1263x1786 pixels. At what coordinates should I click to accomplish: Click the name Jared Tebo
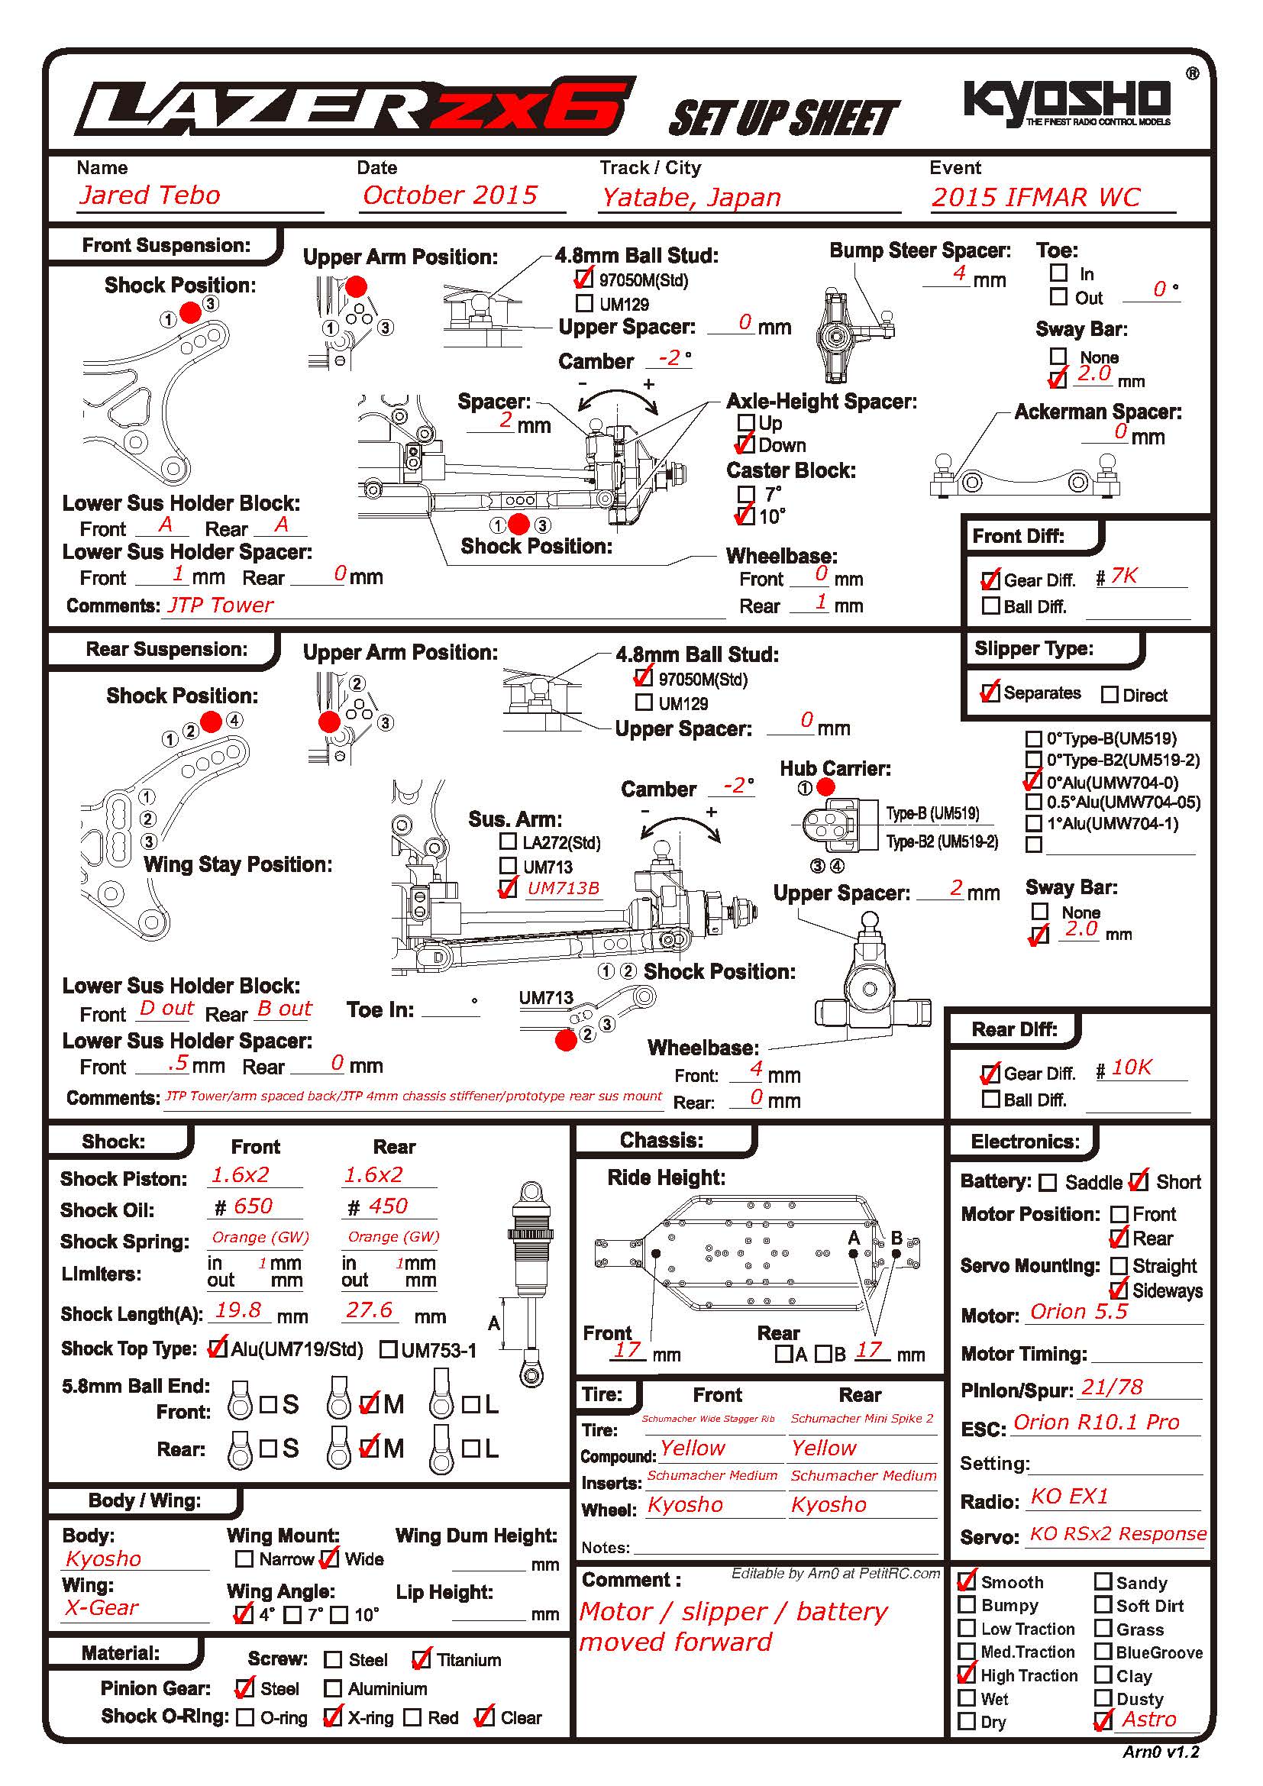pos(150,195)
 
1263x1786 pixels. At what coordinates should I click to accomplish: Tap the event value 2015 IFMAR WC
pos(1036,198)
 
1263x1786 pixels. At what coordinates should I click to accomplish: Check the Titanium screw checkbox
pos(422,1660)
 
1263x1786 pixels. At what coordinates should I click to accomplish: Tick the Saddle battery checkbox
pos(1048,1182)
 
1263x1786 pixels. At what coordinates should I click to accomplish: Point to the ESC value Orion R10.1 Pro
pos(1097,1422)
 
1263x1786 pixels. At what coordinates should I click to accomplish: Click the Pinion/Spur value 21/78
pos(1112,1387)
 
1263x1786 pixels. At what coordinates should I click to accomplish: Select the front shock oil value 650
pos(253,1206)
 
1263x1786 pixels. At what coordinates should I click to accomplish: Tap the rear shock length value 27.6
pos(370,1310)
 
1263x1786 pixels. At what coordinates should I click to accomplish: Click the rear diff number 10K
pos(1132,1067)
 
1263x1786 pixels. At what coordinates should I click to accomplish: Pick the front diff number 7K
pos(1124,576)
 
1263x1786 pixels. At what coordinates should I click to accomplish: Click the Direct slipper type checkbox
pos(1110,695)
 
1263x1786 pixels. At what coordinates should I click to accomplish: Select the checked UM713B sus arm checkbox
pos(508,888)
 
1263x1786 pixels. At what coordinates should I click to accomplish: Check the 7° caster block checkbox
pos(746,494)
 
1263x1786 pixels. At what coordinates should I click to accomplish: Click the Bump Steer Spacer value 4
pos(960,273)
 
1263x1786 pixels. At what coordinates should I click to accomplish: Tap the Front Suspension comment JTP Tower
pos(221,606)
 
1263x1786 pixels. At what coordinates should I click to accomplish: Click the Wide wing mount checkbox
pos(331,1558)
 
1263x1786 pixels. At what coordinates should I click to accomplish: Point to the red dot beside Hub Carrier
pos(826,787)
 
